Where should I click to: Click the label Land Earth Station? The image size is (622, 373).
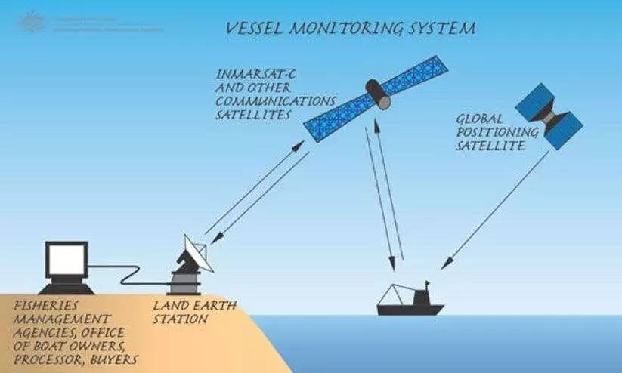tap(184, 313)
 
